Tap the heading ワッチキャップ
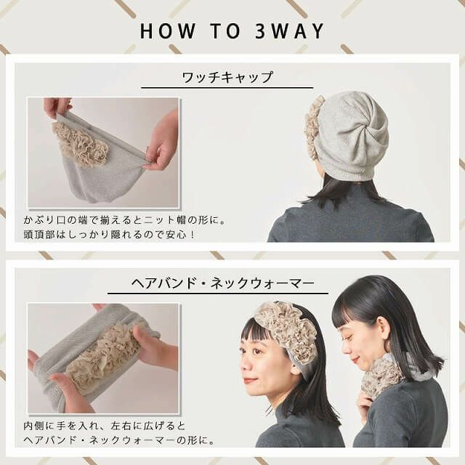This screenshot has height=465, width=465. [x=227, y=77]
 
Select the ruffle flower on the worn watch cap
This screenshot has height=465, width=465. [x=313, y=126]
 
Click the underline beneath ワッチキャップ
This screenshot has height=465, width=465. [x=227, y=88]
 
